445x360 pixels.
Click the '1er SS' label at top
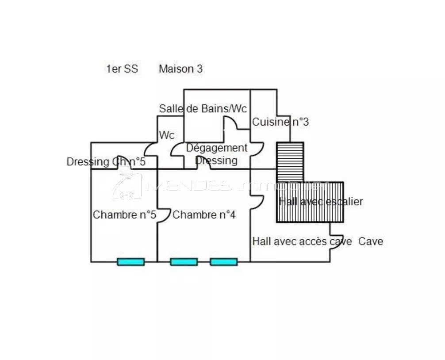[x=122, y=69]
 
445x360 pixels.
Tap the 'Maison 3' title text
[x=180, y=69]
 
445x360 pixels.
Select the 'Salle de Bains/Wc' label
[x=203, y=108]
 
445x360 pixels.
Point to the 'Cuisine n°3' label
[x=280, y=122]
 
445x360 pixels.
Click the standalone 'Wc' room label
[x=167, y=135]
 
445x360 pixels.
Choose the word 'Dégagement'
[x=216, y=148]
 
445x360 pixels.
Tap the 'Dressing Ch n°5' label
[x=106, y=162]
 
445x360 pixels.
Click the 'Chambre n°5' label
[x=124, y=215]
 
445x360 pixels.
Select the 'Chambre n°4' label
[x=204, y=215]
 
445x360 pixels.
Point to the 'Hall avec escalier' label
[x=321, y=202]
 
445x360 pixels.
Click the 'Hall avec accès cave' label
[x=302, y=241]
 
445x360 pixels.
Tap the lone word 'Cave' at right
[x=370, y=241]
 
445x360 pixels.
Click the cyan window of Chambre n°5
[x=130, y=262]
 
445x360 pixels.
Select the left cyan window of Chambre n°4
[x=184, y=262]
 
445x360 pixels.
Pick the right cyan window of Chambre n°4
[x=223, y=262]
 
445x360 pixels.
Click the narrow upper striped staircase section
[x=290, y=161]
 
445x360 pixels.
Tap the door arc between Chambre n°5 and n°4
[x=164, y=215]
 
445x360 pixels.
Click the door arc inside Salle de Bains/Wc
[x=231, y=123]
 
